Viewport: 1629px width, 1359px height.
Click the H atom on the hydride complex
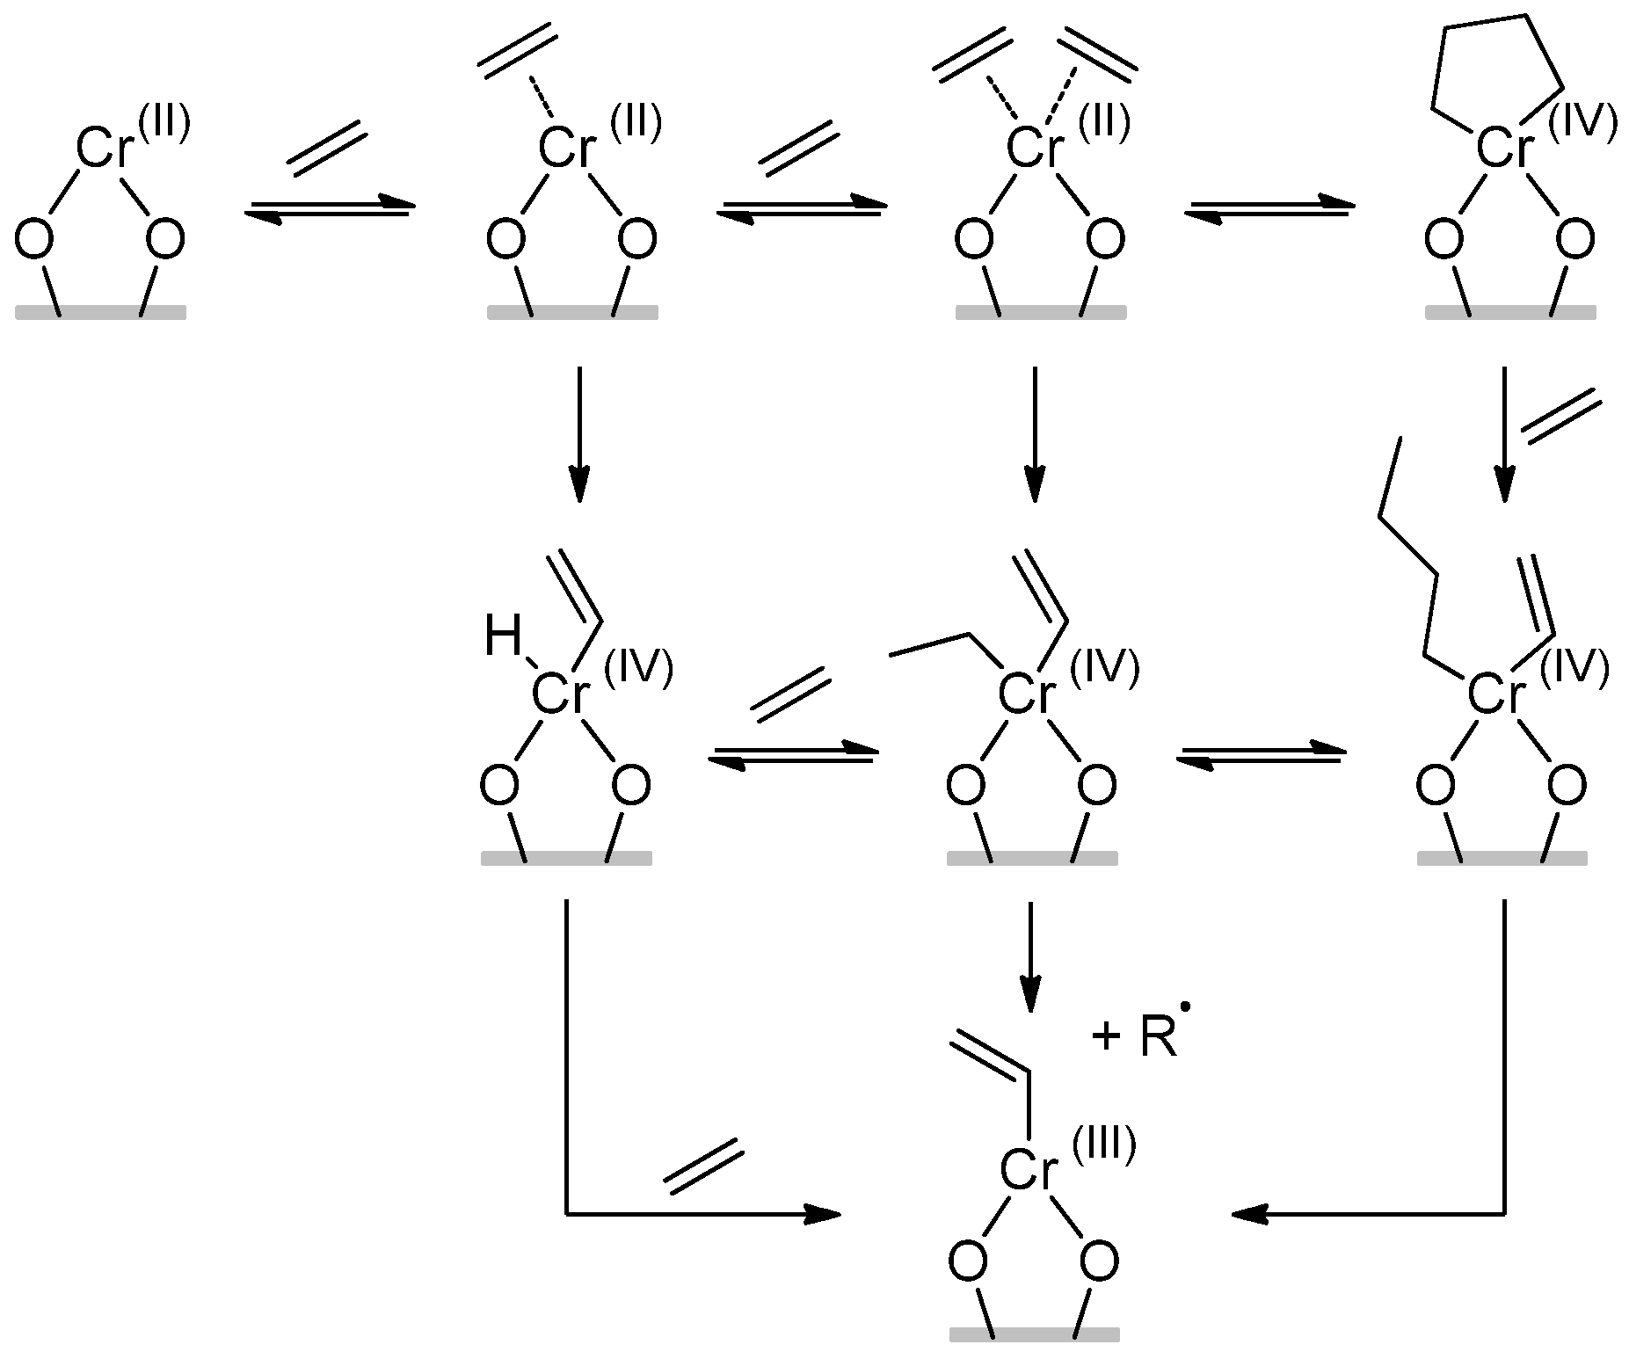[x=503, y=639]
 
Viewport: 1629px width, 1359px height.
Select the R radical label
[x=1159, y=1040]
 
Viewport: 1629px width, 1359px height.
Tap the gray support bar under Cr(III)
[x=1035, y=1334]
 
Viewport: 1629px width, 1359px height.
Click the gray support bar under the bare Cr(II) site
[x=100, y=312]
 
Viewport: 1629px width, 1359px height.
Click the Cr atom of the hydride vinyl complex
[x=559, y=696]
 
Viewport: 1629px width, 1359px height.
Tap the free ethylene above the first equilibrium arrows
[x=325, y=148]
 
